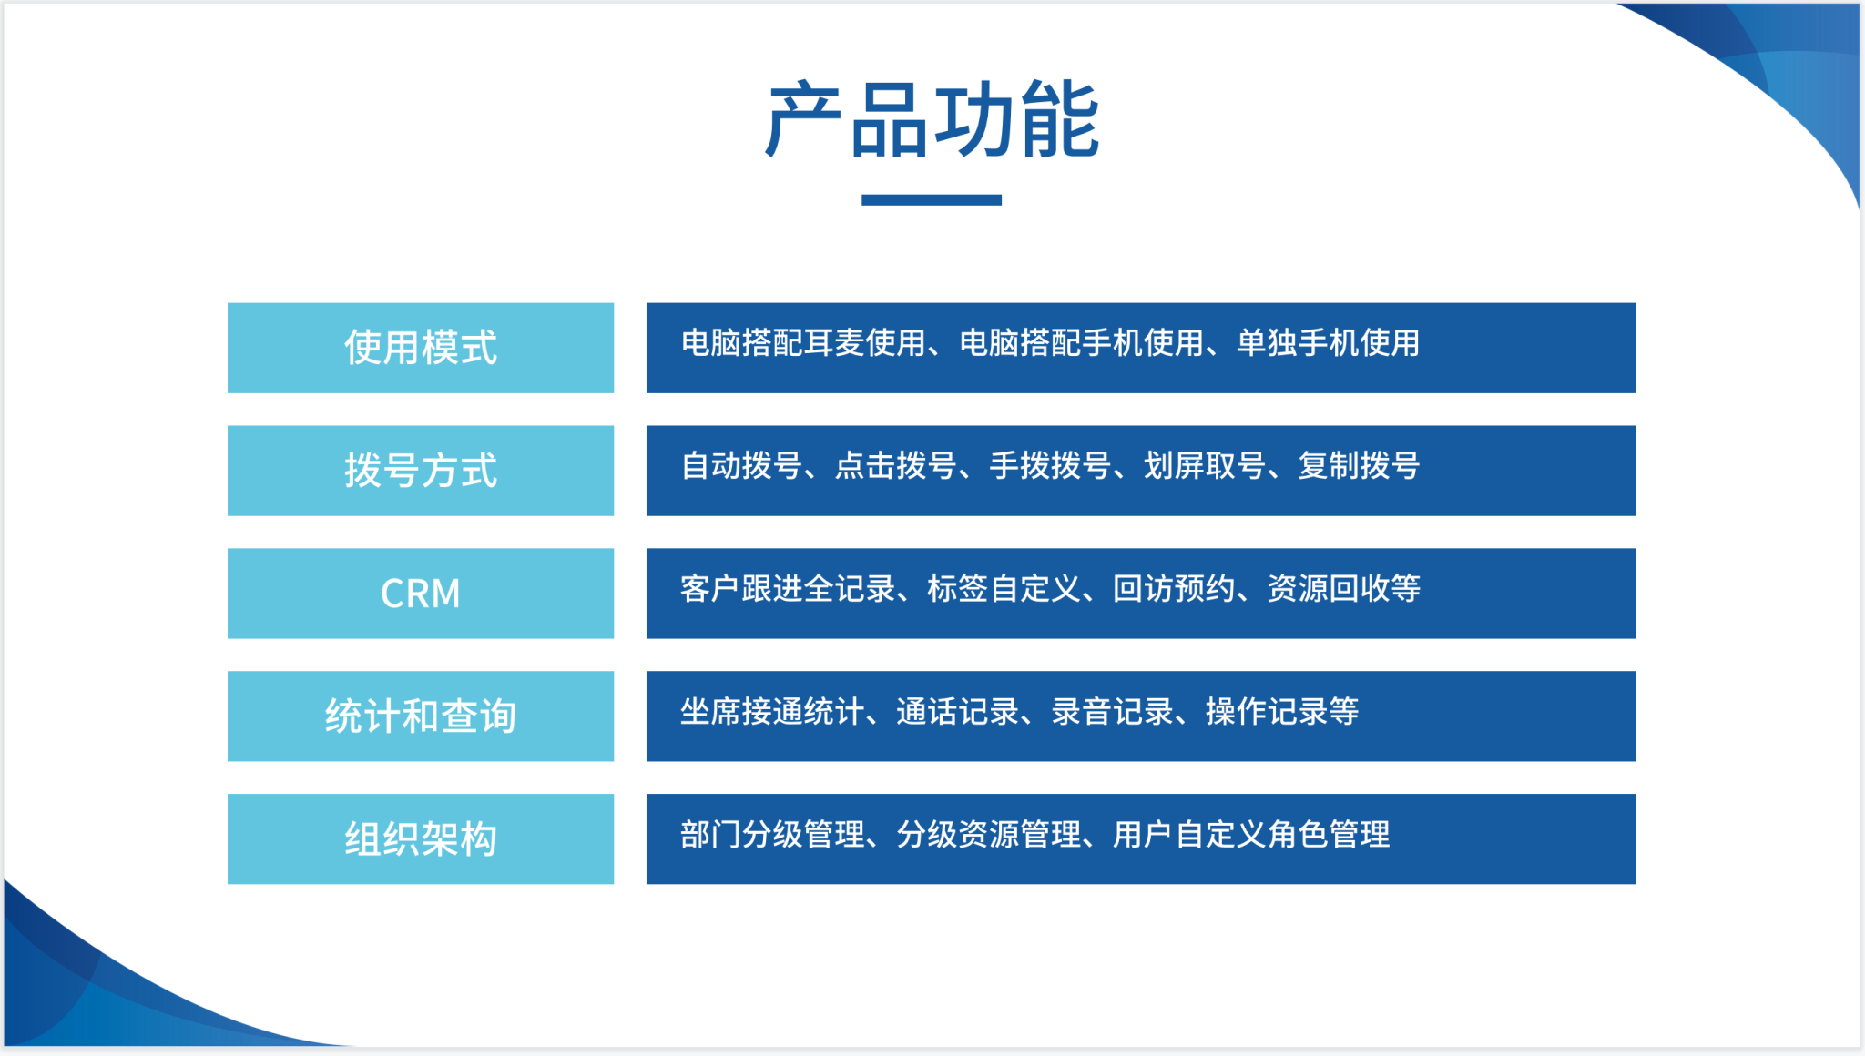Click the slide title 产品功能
coord(932,119)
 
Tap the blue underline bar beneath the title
coord(932,199)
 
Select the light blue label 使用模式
coord(421,348)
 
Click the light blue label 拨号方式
coord(421,471)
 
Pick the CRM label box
coord(421,594)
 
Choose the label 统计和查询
coord(421,716)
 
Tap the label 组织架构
coord(421,838)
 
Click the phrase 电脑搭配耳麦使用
coord(804,343)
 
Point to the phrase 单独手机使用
coord(1328,343)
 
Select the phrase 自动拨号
coord(741,466)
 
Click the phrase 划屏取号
coord(1205,466)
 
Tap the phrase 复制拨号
coord(1359,466)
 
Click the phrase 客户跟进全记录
coord(788,589)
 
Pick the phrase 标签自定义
coord(1004,589)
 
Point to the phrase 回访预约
coord(1174,589)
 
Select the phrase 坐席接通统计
coord(772,712)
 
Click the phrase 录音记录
coord(1112,712)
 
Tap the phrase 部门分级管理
coord(772,835)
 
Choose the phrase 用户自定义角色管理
coord(1251,835)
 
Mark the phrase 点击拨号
coord(896,466)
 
